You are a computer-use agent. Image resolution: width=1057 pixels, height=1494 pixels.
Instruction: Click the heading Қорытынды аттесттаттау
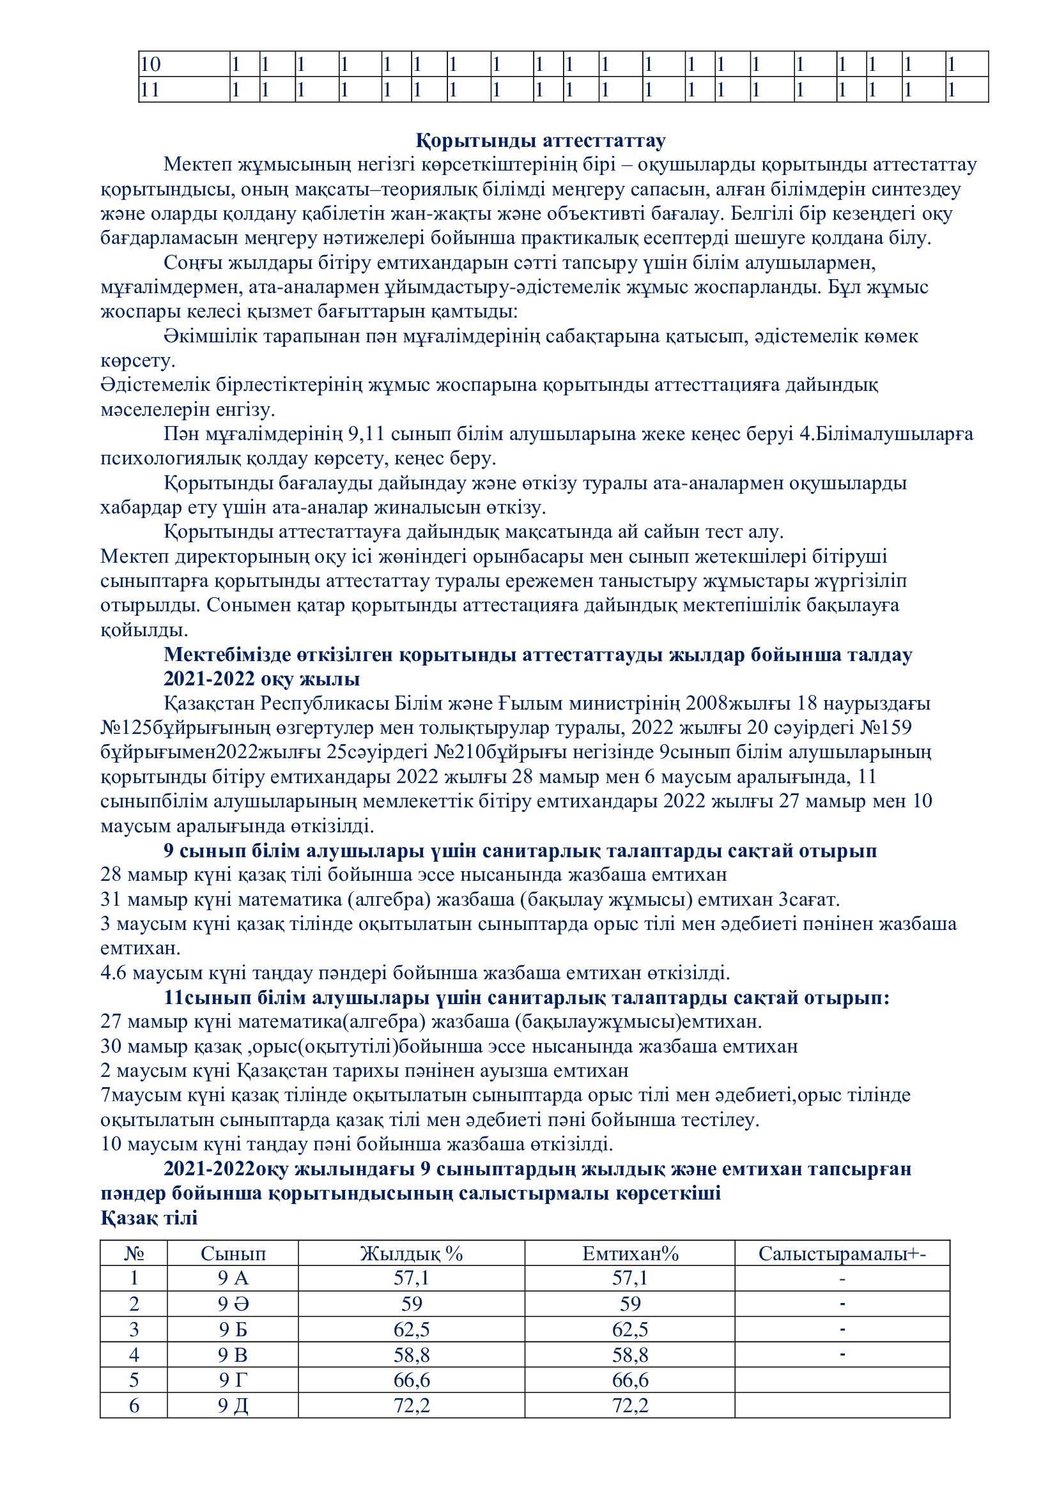tap(540, 141)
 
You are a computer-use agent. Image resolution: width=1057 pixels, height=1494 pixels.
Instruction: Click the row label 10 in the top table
tap(151, 65)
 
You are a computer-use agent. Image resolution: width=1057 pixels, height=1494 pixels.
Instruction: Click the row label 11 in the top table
tap(150, 90)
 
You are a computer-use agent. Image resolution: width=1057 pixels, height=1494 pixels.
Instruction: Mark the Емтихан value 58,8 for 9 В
tap(630, 1354)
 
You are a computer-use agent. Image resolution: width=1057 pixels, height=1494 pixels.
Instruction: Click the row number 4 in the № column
tap(134, 1354)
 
